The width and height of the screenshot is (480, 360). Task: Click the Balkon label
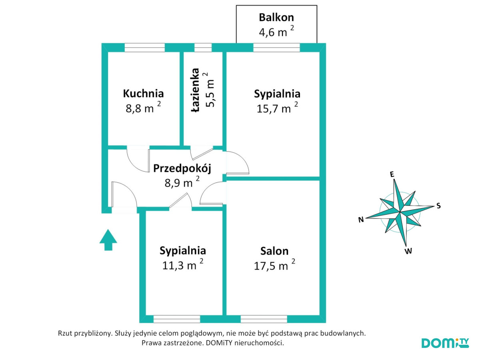(x=276, y=18)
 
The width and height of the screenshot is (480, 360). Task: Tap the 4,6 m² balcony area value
(x=276, y=31)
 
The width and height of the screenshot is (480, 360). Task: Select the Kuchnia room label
(x=143, y=94)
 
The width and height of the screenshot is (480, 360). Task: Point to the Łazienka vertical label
(x=195, y=90)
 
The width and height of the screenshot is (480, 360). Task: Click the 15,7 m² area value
(x=277, y=108)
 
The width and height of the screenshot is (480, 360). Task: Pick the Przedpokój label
(x=182, y=168)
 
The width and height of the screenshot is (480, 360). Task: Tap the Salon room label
(x=274, y=251)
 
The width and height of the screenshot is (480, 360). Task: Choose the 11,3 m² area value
(x=182, y=265)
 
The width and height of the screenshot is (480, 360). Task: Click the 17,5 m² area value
(x=274, y=265)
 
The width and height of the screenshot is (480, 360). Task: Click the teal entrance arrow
(x=108, y=240)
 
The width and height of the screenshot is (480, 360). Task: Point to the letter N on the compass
(x=361, y=220)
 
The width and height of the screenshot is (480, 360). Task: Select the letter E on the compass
(x=392, y=174)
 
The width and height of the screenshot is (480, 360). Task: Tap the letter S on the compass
(x=438, y=206)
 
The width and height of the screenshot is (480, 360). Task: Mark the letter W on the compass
(x=408, y=251)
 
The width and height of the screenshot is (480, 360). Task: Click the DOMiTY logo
(x=445, y=343)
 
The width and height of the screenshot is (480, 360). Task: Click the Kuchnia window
(x=144, y=48)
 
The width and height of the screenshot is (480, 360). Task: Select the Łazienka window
(x=203, y=48)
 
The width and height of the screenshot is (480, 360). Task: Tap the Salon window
(x=264, y=319)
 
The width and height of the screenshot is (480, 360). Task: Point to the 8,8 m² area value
(x=143, y=108)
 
